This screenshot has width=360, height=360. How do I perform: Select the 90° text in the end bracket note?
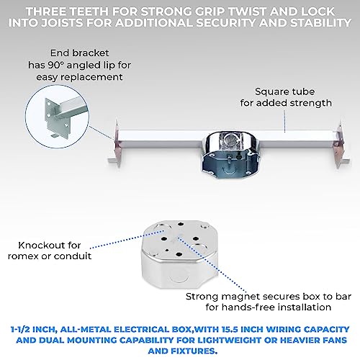pos(55,65)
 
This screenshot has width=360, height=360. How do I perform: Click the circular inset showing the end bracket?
pos(57,117)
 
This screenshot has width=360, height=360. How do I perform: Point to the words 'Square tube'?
pos(284,92)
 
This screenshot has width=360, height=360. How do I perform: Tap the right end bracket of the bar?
pos(341,145)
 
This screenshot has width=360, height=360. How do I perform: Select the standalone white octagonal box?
pos(181,253)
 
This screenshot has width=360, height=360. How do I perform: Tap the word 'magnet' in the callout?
pos(237,297)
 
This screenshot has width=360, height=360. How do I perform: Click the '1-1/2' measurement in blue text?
pos(20,330)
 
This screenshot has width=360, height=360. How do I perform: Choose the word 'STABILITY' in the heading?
pos(320,23)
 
